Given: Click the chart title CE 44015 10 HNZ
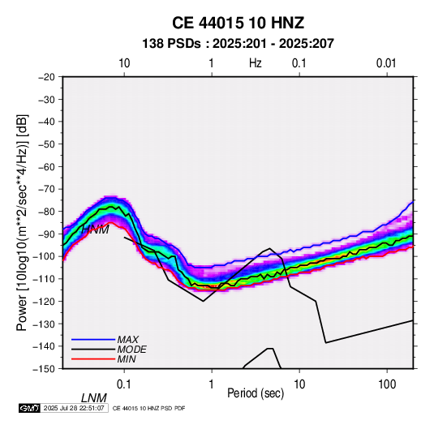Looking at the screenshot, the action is click(238, 23).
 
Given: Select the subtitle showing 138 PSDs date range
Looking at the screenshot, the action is click(238, 44).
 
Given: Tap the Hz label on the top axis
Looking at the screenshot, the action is click(256, 63).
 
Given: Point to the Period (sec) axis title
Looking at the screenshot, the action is click(256, 393).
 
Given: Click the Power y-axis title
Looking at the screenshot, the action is click(22, 222).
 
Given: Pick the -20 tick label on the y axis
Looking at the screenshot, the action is click(46, 77).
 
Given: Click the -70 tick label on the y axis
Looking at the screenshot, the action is click(46, 189).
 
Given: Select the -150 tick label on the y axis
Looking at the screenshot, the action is click(45, 369).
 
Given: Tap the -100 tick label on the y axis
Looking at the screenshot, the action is click(45, 256).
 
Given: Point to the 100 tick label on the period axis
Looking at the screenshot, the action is click(387, 384).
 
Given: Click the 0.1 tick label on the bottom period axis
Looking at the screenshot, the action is click(124, 384).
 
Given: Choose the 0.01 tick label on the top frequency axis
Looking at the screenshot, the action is click(386, 63).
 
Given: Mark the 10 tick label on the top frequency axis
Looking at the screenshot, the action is click(124, 63).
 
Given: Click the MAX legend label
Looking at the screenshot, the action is click(128, 340).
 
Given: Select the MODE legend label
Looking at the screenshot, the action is click(131, 350).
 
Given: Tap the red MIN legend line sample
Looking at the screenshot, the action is click(93, 359).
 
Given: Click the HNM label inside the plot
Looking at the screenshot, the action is click(95, 230).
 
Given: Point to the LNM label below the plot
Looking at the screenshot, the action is click(94, 398).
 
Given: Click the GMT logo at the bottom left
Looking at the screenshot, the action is click(30, 408).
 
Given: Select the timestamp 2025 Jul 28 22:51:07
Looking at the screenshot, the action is click(74, 408).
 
